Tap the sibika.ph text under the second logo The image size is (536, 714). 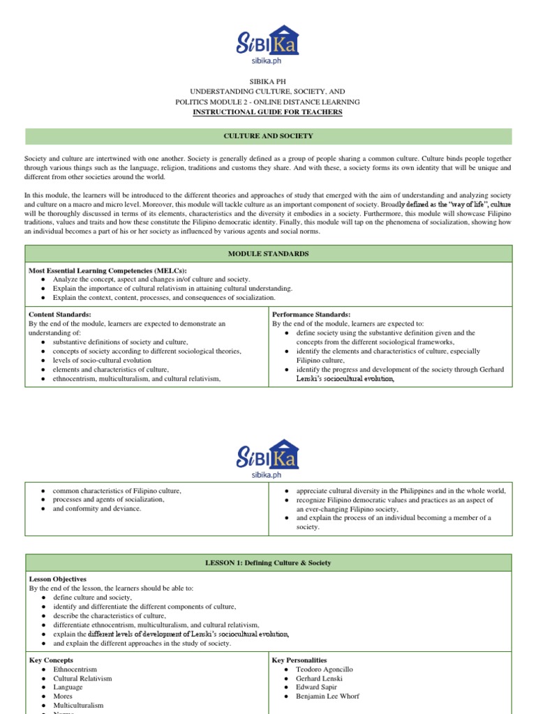(268, 471)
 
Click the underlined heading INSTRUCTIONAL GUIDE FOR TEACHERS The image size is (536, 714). (268, 112)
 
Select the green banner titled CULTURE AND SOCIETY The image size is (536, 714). (268, 136)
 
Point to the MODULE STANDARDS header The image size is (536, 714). (268, 254)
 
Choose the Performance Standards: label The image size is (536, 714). (311, 314)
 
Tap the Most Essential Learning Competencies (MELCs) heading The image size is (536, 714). (107, 270)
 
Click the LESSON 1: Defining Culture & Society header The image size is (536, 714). (268, 563)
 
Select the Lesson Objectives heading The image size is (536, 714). (58, 579)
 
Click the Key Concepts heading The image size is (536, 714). (51, 660)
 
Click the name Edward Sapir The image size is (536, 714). (318, 688)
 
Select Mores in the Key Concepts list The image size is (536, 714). (63, 697)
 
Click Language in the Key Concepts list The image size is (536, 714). (68, 688)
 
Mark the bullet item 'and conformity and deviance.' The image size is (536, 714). (97, 509)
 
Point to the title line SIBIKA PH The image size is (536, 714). (268, 82)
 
